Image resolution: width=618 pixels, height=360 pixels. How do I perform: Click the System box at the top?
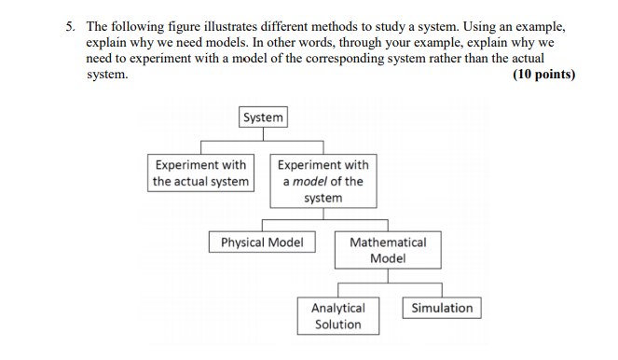tap(263, 118)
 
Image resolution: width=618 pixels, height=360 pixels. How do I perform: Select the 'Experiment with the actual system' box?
tap(201, 173)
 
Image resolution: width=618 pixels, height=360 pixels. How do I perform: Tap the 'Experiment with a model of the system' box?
tap(323, 181)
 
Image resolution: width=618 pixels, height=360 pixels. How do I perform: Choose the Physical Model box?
tap(262, 242)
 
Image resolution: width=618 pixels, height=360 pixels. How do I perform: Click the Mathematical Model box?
tap(387, 250)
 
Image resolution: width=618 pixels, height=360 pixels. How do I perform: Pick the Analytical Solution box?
tap(338, 316)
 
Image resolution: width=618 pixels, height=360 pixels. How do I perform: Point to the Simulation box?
tap(442, 308)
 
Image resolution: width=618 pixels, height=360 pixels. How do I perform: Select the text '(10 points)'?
tap(543, 75)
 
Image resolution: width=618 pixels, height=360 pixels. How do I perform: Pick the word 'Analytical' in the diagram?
tap(338, 308)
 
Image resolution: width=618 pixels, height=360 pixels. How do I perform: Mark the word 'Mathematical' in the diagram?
tap(388, 242)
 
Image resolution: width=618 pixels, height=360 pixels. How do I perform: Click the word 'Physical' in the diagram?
tap(241, 242)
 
